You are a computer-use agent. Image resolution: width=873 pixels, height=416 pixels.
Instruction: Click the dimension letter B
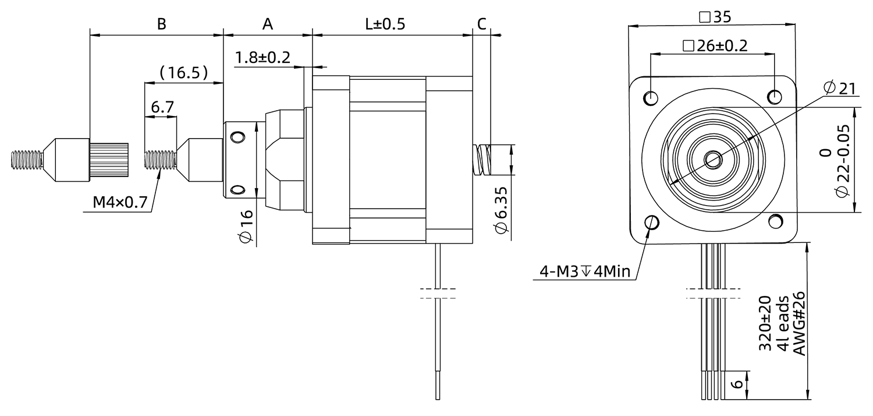[x=162, y=24]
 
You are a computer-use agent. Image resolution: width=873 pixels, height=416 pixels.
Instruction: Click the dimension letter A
[x=267, y=24]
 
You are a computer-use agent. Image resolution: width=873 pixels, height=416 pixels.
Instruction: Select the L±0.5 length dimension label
[x=385, y=24]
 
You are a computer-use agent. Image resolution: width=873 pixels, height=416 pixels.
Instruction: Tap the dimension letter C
[x=481, y=24]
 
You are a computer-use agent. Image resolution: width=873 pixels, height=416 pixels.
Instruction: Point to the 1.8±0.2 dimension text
[x=263, y=57]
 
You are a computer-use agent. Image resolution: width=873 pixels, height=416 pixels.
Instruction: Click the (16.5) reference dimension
[x=184, y=73]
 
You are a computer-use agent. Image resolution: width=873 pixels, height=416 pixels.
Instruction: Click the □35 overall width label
[x=714, y=17]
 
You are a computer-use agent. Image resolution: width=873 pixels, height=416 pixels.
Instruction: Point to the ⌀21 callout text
[x=839, y=88]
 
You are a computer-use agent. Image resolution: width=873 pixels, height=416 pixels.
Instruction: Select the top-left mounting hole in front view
[x=651, y=97]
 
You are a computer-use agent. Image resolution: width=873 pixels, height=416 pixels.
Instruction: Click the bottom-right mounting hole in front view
[x=775, y=221]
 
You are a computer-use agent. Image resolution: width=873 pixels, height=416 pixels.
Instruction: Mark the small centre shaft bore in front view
[x=712, y=158]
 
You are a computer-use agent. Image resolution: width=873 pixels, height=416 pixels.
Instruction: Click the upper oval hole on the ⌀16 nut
[x=237, y=137]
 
